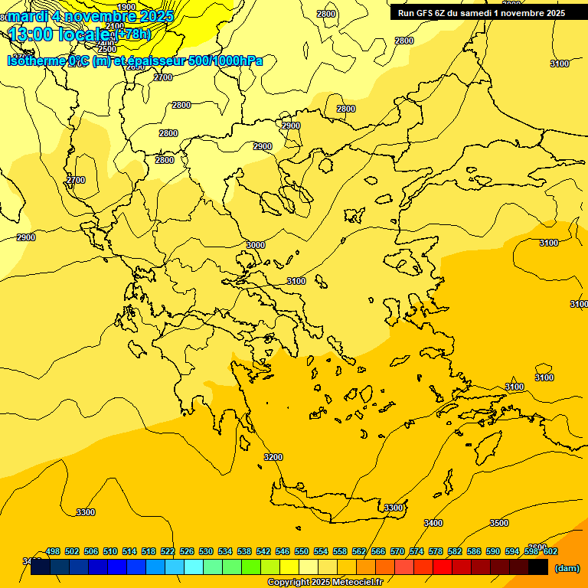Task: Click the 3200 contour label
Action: coord(273,457)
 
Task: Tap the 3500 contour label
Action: coord(498,523)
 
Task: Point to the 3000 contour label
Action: coord(256,245)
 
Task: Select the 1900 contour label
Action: coord(126,7)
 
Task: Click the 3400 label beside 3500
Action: coord(433,523)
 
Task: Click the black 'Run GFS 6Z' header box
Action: coord(482,13)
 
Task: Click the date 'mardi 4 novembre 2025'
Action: coord(90,15)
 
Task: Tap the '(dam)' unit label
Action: coord(567,568)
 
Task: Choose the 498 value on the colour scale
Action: coord(53,551)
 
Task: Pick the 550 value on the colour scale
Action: coord(302,551)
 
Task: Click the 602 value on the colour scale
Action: coord(550,551)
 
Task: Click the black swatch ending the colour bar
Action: coord(538,567)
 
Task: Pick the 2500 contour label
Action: coord(108,49)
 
